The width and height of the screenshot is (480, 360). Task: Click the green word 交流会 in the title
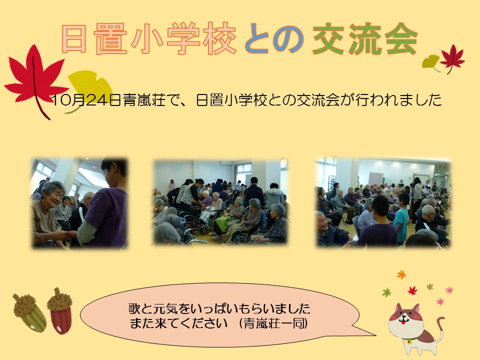tap(365, 39)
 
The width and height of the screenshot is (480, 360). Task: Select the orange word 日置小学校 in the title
tap(149, 39)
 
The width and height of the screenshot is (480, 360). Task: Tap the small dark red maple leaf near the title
tap(452, 59)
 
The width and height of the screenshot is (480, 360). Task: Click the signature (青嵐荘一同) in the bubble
tap(273, 323)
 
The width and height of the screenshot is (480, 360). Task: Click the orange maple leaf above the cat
tap(401, 274)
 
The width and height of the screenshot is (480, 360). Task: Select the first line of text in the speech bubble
tap(219, 308)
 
